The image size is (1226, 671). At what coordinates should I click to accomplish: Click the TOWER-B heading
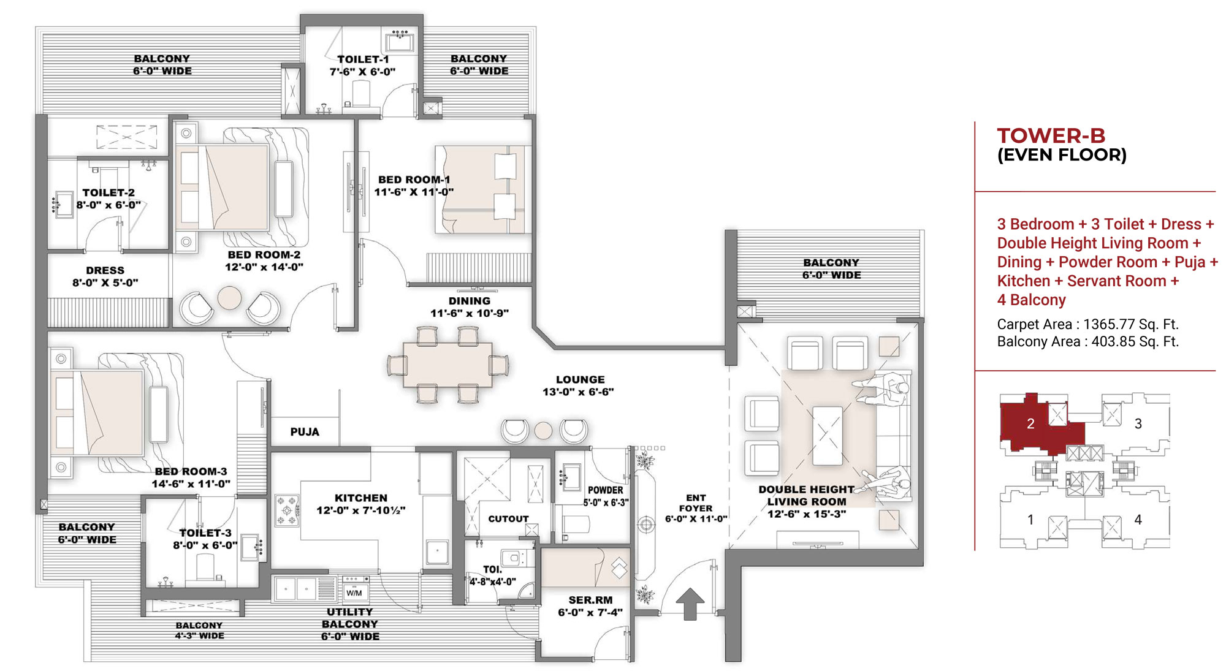pos(1051,135)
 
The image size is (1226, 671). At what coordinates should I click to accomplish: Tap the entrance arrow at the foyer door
pos(690,604)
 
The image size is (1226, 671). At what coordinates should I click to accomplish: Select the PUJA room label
pos(305,432)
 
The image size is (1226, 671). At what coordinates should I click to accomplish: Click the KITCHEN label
pos(361,498)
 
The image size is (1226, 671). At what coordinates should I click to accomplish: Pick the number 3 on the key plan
pos(1138,423)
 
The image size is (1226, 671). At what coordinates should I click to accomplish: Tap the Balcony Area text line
pos(1088,341)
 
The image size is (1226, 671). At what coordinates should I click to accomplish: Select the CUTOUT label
pos(508,519)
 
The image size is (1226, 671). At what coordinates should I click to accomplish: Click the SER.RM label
pos(590,600)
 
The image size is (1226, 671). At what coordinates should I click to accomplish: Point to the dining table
pos(448,365)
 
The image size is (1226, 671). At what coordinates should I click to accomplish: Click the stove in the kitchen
pos(287,511)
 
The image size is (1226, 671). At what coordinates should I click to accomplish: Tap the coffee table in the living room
pos(828,436)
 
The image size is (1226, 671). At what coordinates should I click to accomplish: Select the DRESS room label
pos(105,270)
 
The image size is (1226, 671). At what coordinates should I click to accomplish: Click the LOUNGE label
pos(580,380)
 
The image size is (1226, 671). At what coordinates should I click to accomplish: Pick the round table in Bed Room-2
pos(230,298)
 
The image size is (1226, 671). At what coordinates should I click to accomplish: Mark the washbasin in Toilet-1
pos(400,43)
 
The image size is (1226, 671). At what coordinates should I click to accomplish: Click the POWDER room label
pos(605,490)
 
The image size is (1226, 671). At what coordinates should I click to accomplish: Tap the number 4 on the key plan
pos(1138,520)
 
